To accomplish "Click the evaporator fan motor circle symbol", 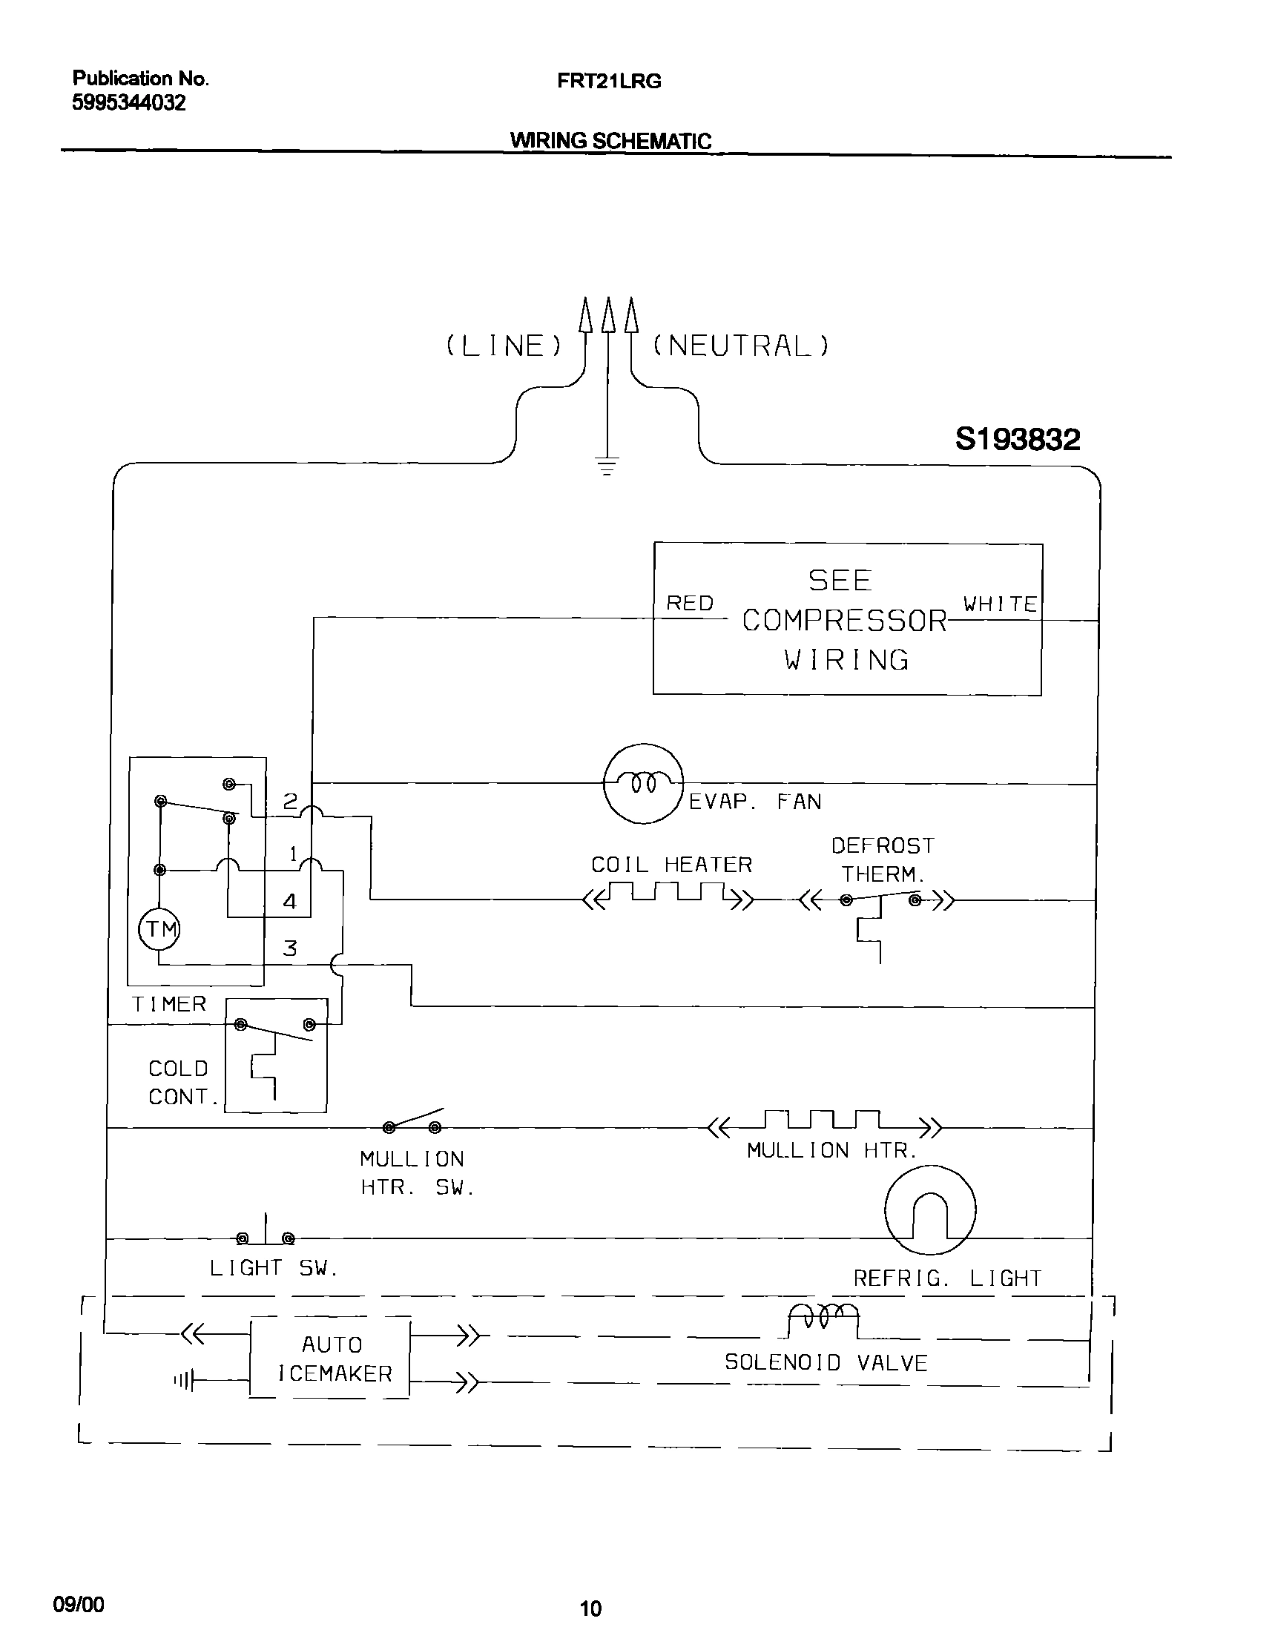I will click(643, 783).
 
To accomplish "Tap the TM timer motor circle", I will click(159, 929).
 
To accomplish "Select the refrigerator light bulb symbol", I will click(929, 1210).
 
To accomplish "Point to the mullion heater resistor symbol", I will click(824, 1121).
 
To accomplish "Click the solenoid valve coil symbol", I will click(823, 1318).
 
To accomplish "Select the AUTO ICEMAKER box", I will click(330, 1359).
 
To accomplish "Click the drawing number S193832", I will click(1017, 439).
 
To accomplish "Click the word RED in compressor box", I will click(689, 603).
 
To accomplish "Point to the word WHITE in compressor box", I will click(1000, 604).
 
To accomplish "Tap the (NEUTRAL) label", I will click(740, 346).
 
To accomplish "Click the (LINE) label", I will click(503, 346).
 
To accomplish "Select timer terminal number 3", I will click(289, 948).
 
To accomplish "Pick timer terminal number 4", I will click(289, 902).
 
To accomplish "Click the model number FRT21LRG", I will click(608, 81).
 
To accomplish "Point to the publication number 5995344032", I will click(128, 103).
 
